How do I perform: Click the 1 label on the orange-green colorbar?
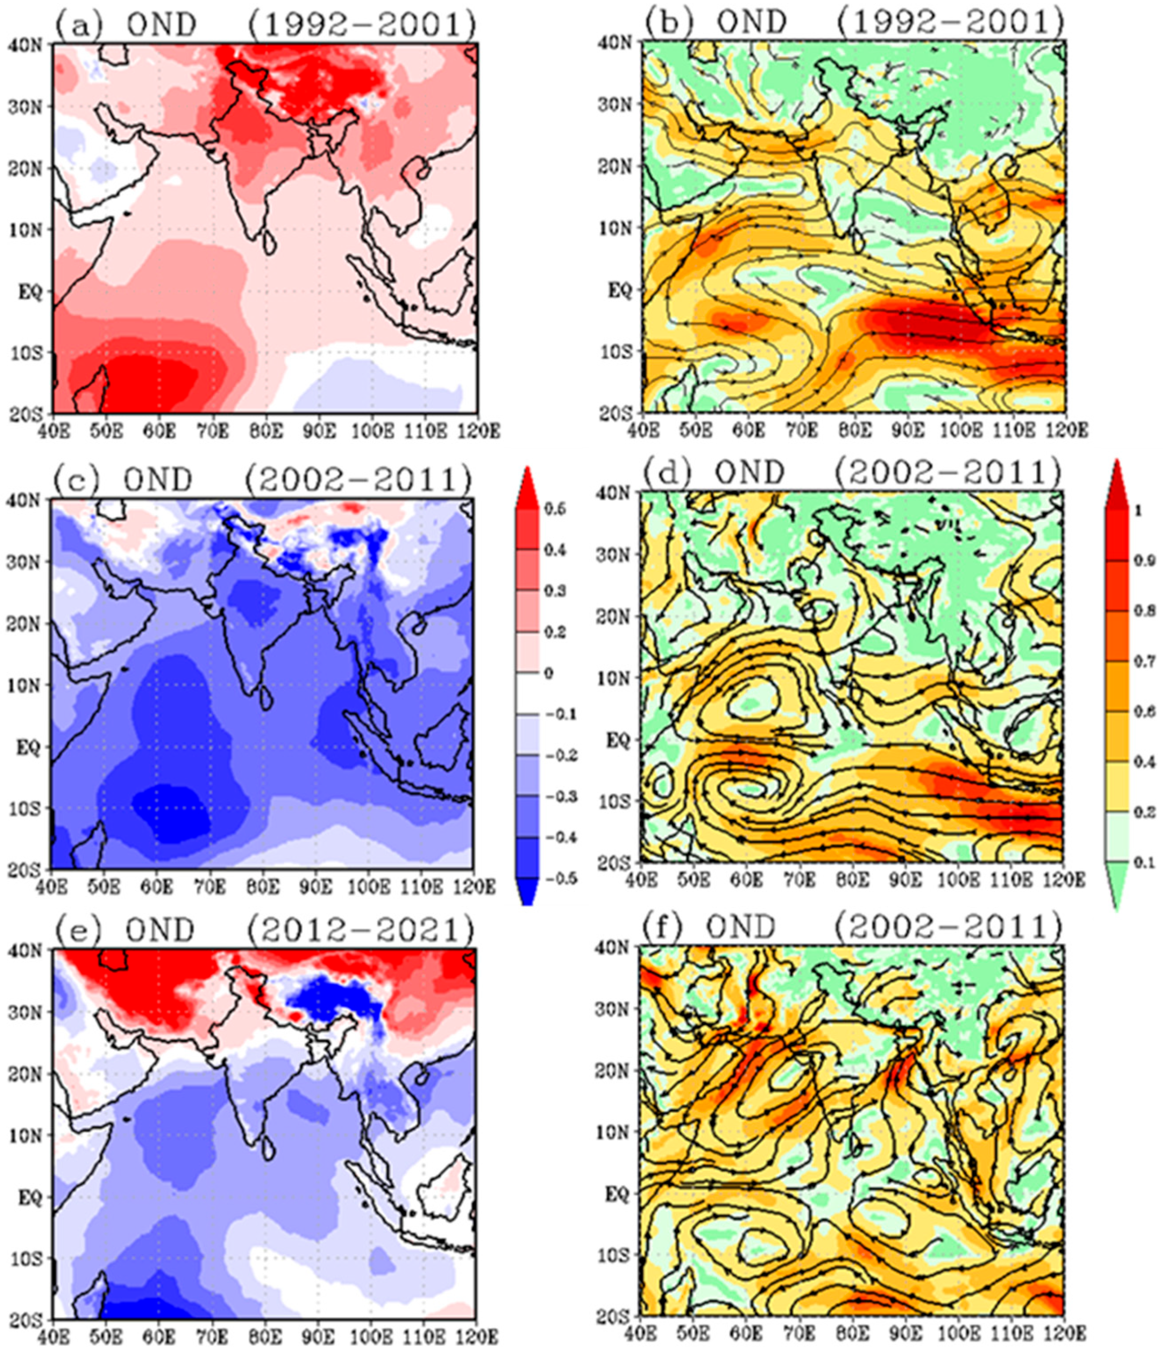click(x=1138, y=511)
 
